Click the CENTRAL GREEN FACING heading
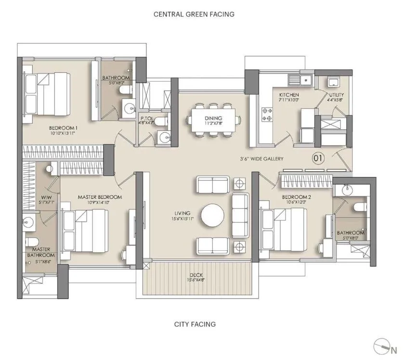(194, 14)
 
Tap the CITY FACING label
(195, 324)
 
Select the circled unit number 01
(318, 157)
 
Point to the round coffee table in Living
(213, 215)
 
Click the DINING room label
(213, 118)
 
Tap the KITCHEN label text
(289, 95)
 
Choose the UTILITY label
(336, 95)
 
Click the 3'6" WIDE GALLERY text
(262, 159)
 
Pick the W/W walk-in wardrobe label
(47, 197)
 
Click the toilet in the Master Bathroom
(30, 242)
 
